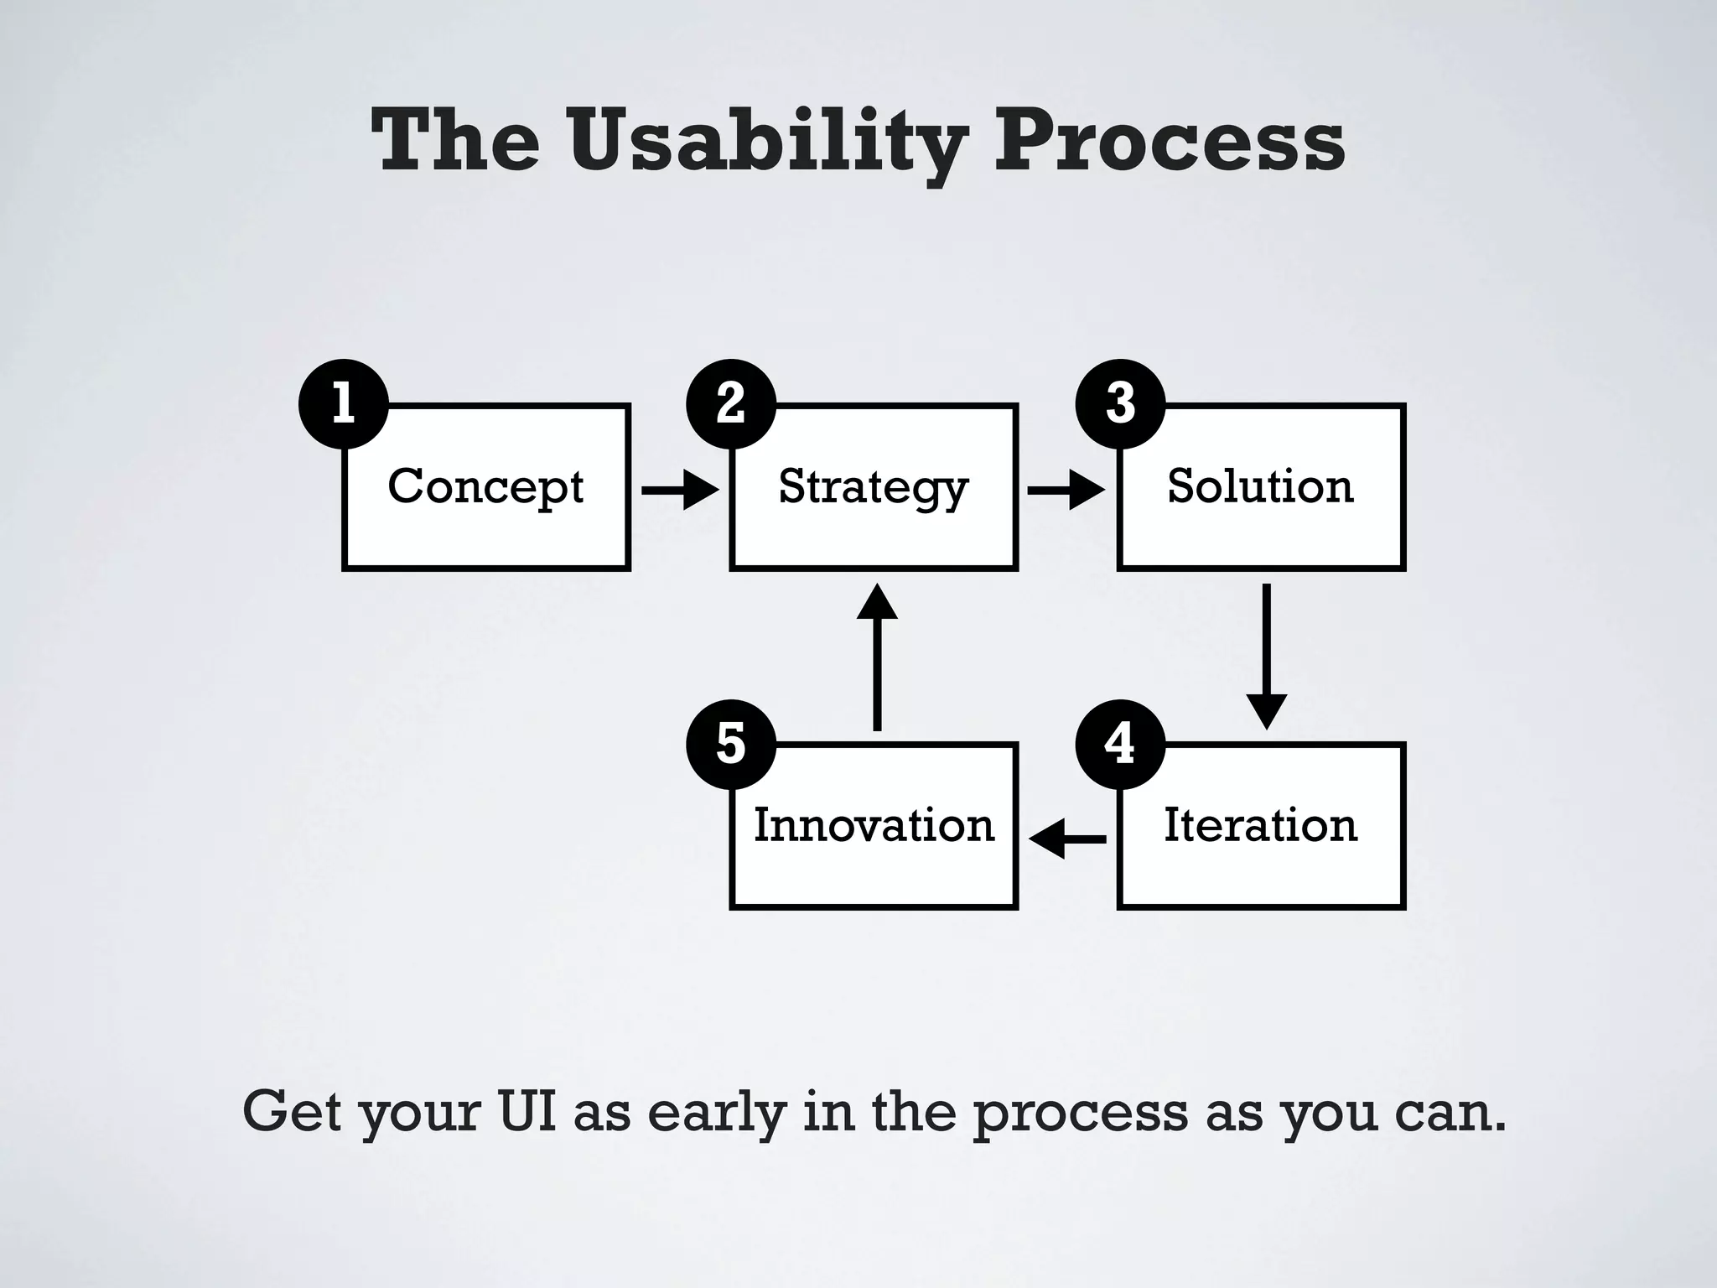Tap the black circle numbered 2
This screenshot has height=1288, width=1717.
[731, 403]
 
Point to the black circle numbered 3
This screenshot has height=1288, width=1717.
[1120, 403]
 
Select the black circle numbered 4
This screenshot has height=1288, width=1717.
[1120, 743]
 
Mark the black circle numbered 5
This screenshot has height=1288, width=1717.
[731, 743]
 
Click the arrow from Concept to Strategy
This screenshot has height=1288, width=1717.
[680, 490]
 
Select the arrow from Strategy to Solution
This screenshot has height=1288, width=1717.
[1066, 490]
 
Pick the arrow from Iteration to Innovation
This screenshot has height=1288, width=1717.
[1067, 839]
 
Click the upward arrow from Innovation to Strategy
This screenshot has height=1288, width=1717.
[877, 657]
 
